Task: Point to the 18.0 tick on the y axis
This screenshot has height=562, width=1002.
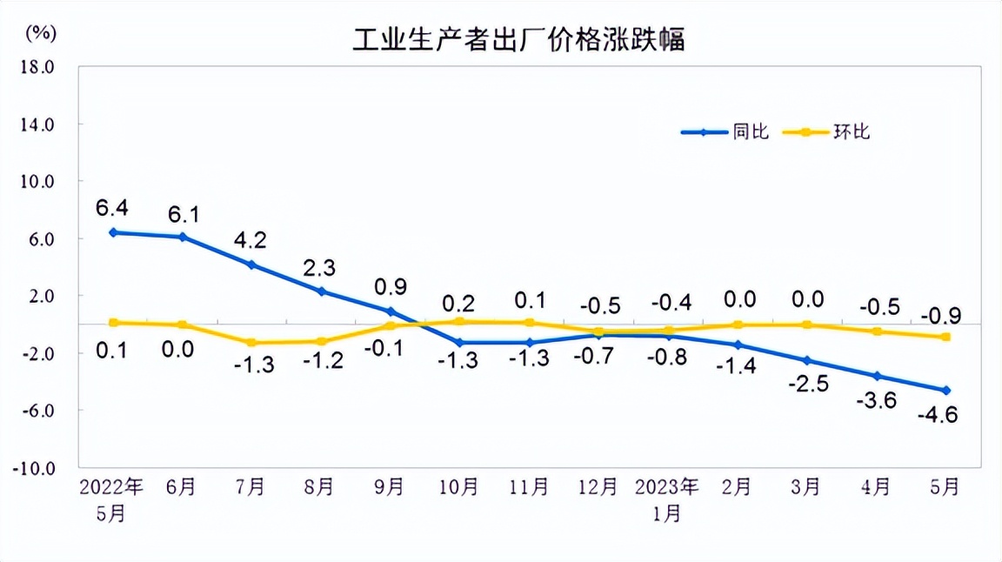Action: pos(37,66)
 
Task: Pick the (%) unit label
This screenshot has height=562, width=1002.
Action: pos(41,33)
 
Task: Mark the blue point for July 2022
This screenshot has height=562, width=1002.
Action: pos(251,264)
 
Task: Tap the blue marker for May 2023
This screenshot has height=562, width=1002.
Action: pos(946,391)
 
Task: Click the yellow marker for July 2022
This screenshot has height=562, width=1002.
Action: pos(251,343)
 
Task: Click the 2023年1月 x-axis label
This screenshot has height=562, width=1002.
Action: pos(667,498)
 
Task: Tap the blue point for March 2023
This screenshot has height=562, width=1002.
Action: pos(807,360)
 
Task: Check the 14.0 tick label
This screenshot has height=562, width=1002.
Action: pos(37,124)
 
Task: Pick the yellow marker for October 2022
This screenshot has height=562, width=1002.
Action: pos(459,322)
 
